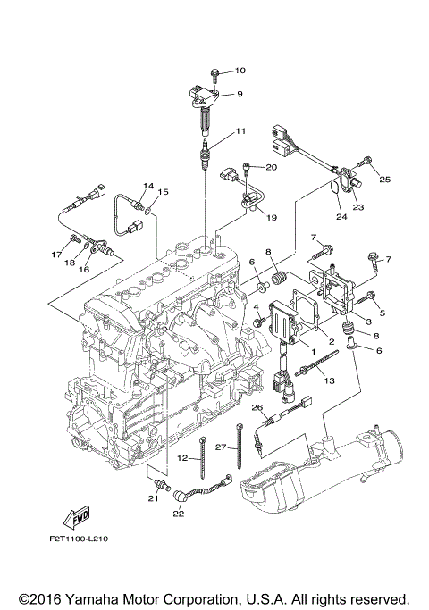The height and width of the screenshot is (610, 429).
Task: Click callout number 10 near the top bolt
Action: [239, 70]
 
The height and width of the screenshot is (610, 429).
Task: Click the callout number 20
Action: [272, 167]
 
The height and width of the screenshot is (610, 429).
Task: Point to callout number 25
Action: [385, 180]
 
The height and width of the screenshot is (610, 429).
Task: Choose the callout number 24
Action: [341, 214]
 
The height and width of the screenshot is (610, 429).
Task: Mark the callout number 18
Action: [69, 263]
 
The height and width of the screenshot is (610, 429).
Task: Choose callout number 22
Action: [178, 513]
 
